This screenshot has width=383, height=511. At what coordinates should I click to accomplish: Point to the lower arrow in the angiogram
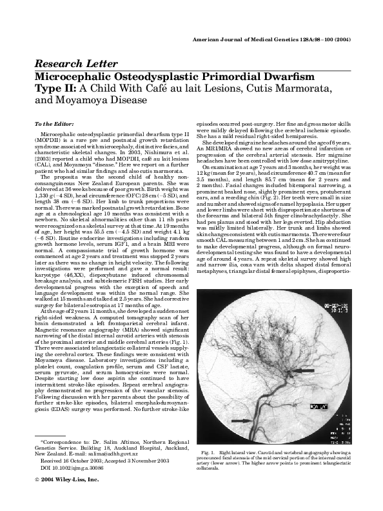239,422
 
